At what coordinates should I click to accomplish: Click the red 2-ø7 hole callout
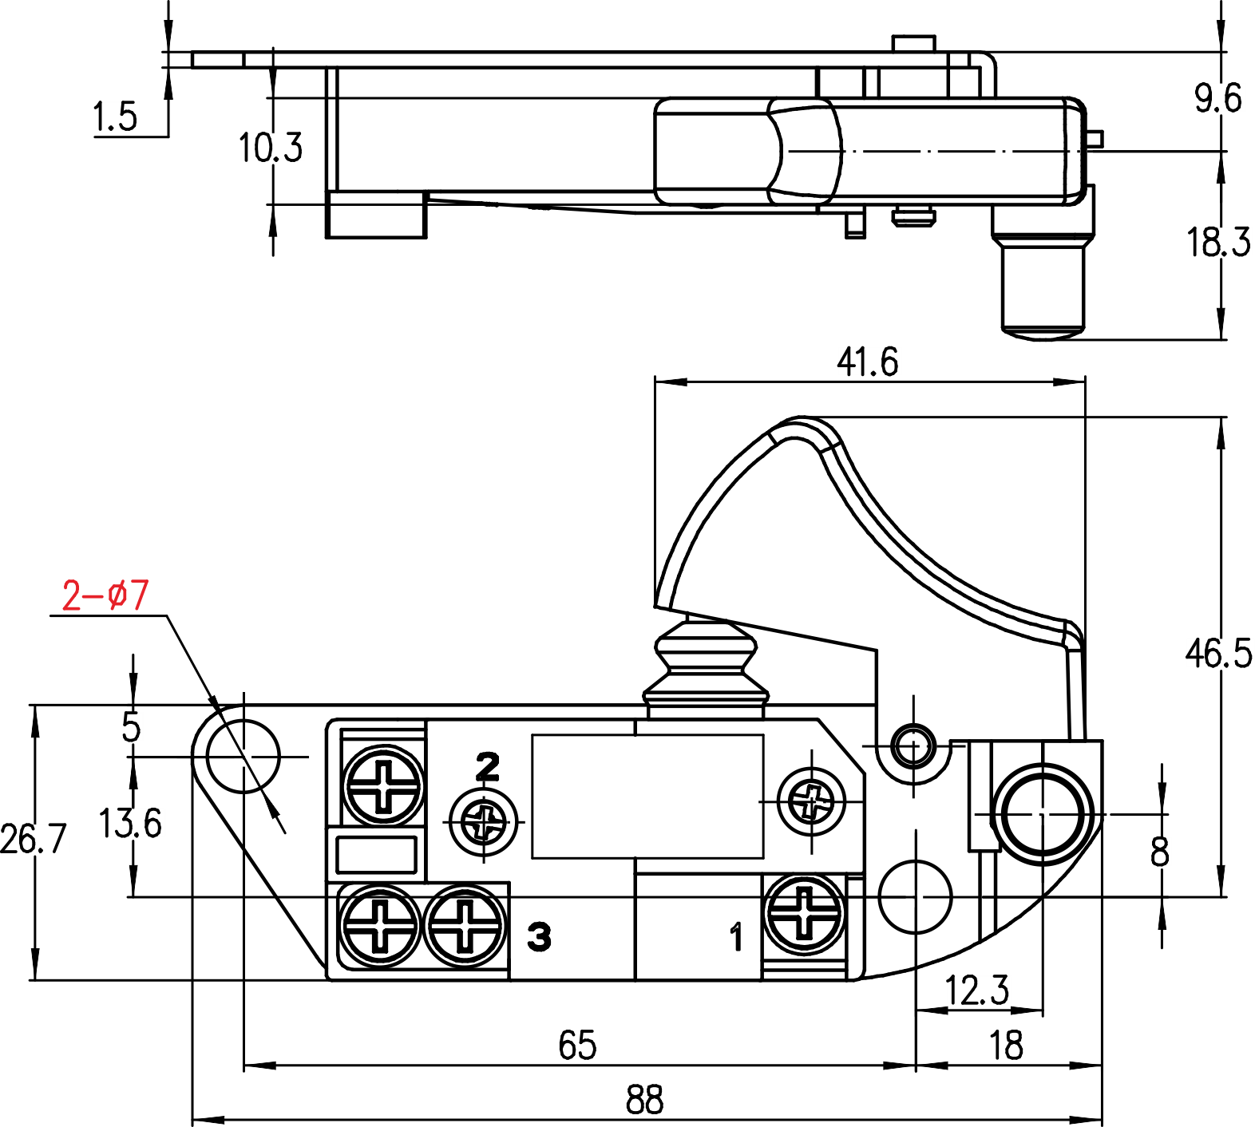[x=105, y=595]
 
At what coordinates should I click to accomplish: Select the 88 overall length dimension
[x=644, y=1100]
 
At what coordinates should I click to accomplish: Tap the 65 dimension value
[x=576, y=1045]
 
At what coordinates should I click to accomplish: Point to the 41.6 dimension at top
[x=867, y=362]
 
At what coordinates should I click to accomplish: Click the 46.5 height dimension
[x=1218, y=653]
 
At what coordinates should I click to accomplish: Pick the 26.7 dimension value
[x=34, y=839]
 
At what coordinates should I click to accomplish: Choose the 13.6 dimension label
[x=130, y=823]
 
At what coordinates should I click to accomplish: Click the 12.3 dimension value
[x=977, y=991]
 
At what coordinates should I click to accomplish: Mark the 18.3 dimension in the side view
[x=1218, y=242]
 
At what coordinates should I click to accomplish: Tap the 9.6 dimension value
[x=1218, y=99]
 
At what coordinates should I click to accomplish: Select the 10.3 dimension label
[x=271, y=148]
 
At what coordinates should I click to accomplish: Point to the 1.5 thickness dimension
[x=116, y=117]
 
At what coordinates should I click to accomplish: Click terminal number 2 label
[x=487, y=767]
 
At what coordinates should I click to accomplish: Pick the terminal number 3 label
[x=539, y=936]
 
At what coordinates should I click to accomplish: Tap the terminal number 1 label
[x=736, y=936]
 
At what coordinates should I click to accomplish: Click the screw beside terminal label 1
[x=805, y=912]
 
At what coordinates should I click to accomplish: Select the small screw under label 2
[x=484, y=820]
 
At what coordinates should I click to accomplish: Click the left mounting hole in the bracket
[x=243, y=756]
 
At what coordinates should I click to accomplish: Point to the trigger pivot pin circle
[x=913, y=746]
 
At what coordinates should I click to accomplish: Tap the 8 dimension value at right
[x=1159, y=852]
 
